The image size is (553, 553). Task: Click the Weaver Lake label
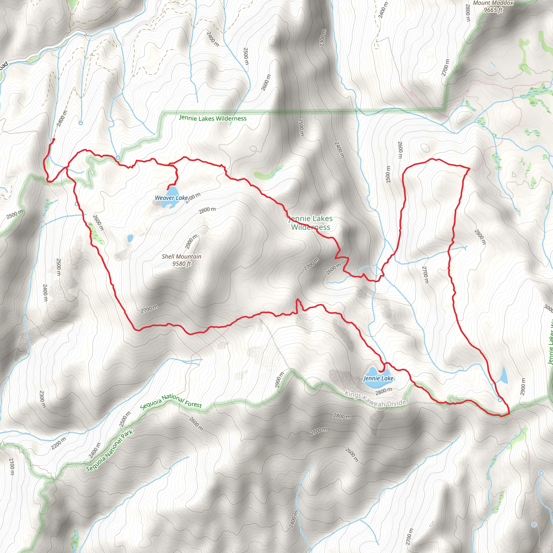coord(171,198)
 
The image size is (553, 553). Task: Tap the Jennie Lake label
coord(378,378)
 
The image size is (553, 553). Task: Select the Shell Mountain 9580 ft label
coord(181,260)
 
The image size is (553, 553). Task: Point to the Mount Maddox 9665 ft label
coord(493,6)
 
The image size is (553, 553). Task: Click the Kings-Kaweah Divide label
coord(375,399)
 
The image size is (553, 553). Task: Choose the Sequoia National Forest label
coord(171,400)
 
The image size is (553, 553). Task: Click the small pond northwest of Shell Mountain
coord(130,238)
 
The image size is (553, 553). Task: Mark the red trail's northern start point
coord(53,139)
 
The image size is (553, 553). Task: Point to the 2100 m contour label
coord(12,467)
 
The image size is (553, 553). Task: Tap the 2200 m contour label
coord(59,443)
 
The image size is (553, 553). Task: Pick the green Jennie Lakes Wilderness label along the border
coord(213,118)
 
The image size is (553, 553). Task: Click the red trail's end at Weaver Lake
coord(168,189)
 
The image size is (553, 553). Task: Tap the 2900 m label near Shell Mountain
coord(191,242)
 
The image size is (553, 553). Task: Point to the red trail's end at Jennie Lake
coord(380,371)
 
